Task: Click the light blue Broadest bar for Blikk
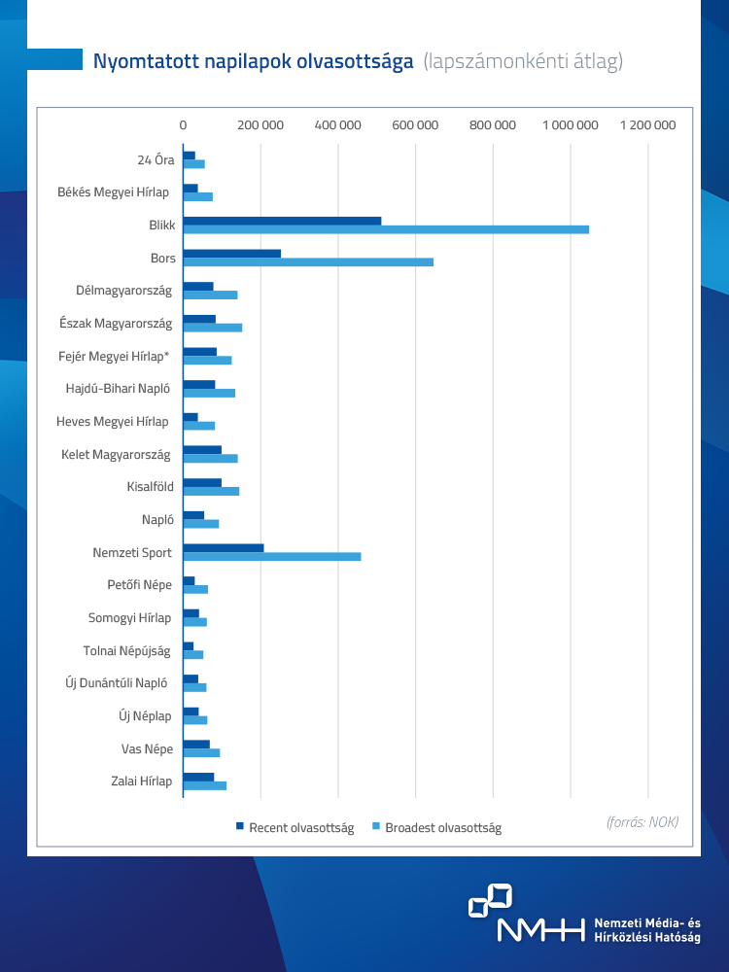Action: click(386, 229)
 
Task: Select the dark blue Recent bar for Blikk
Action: click(282, 221)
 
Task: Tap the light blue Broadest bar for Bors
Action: click(308, 262)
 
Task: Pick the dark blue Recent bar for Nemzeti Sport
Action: click(224, 548)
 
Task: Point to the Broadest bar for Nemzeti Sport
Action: click(272, 557)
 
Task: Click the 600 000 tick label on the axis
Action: click(416, 125)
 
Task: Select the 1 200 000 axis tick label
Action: click(647, 125)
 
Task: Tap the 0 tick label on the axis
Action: click(183, 125)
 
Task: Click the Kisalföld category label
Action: click(150, 486)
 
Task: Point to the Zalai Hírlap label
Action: click(141, 781)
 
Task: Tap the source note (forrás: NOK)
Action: click(642, 822)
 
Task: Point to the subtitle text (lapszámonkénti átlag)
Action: click(523, 62)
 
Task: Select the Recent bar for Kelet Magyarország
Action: click(202, 449)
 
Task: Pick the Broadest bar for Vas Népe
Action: click(201, 753)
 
